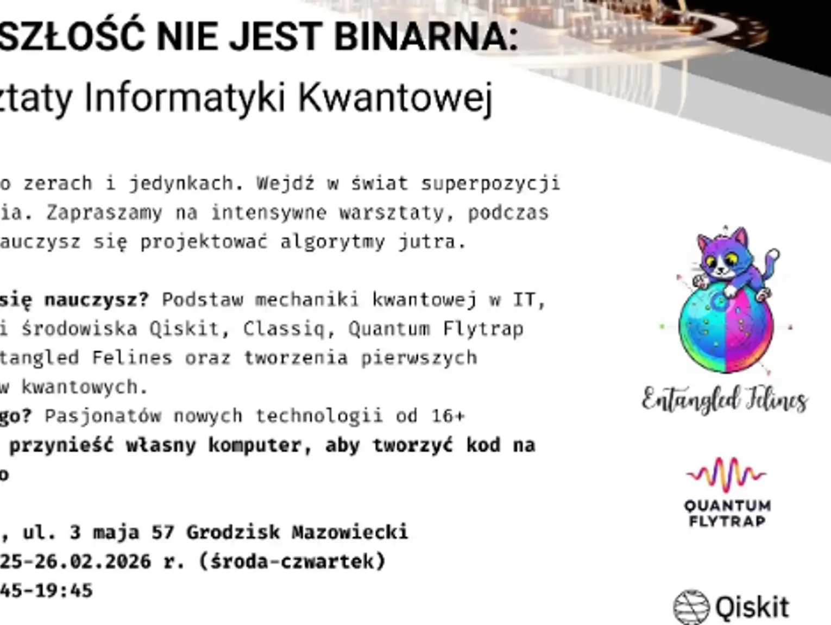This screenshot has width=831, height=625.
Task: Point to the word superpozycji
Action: tap(490, 184)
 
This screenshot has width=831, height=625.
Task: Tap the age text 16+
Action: tap(449, 416)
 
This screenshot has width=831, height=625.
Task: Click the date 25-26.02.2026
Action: tap(75, 561)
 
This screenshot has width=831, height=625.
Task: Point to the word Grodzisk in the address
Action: tap(233, 532)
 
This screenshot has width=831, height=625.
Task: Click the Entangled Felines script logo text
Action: tap(725, 401)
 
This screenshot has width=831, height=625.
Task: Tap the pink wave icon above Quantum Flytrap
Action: tap(726, 474)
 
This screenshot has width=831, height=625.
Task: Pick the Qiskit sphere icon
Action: tap(691, 607)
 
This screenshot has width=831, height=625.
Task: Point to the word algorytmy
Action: tap(332, 242)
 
